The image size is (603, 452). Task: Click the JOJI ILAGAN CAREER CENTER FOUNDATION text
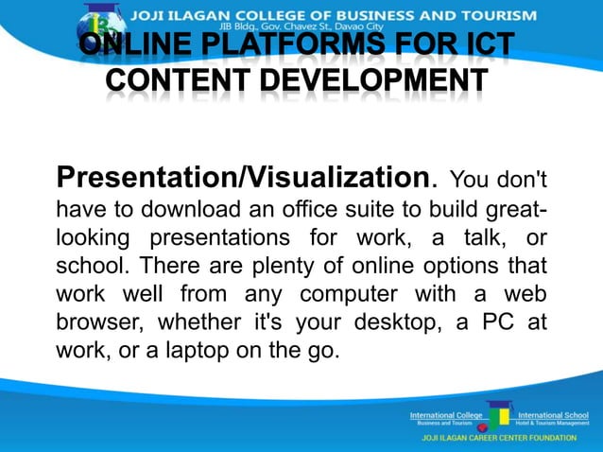[x=498, y=441]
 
